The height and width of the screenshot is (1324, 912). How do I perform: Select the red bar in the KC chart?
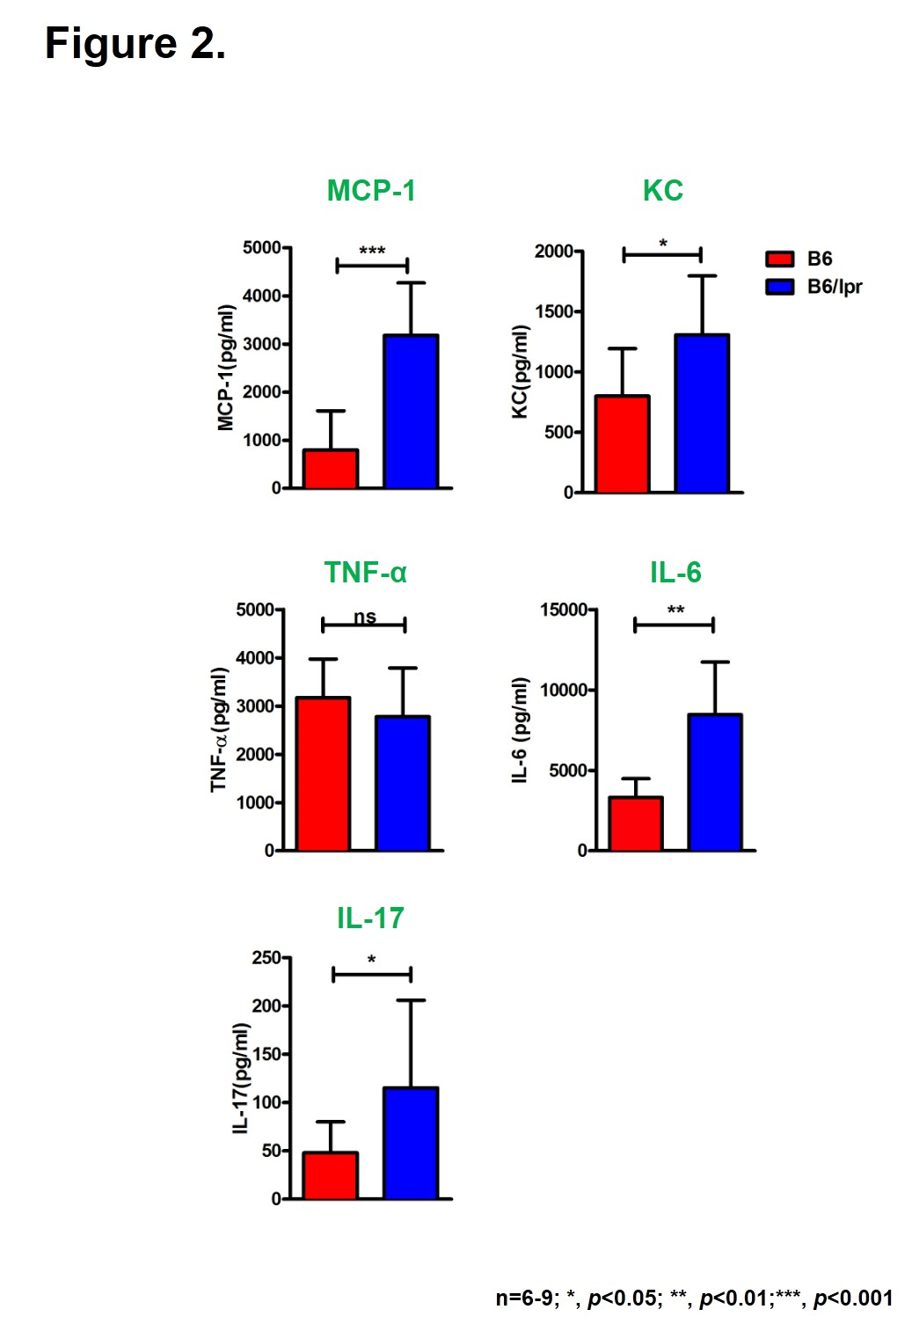[622, 444]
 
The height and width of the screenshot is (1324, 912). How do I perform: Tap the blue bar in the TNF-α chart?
[403, 783]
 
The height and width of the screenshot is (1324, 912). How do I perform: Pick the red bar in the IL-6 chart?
[636, 823]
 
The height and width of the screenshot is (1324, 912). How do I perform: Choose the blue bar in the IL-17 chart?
[411, 1143]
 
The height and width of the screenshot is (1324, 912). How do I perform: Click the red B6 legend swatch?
[779, 259]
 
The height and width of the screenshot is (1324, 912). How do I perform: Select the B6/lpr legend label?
[835, 287]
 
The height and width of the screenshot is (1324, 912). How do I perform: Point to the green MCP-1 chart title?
[371, 191]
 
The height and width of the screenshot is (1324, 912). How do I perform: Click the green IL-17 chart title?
[370, 918]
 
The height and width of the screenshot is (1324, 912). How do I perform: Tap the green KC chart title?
[662, 191]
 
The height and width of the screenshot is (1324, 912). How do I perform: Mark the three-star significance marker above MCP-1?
[372, 252]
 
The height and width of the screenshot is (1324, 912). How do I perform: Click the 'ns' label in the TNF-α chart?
[365, 617]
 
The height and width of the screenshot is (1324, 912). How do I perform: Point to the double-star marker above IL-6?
[675, 610]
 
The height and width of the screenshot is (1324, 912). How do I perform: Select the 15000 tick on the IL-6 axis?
[563, 610]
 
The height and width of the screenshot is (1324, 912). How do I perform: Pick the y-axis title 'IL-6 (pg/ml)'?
[520, 730]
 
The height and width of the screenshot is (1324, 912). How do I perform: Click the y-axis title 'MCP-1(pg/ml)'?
[226, 368]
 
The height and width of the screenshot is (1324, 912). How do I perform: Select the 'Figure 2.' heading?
[135, 43]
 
